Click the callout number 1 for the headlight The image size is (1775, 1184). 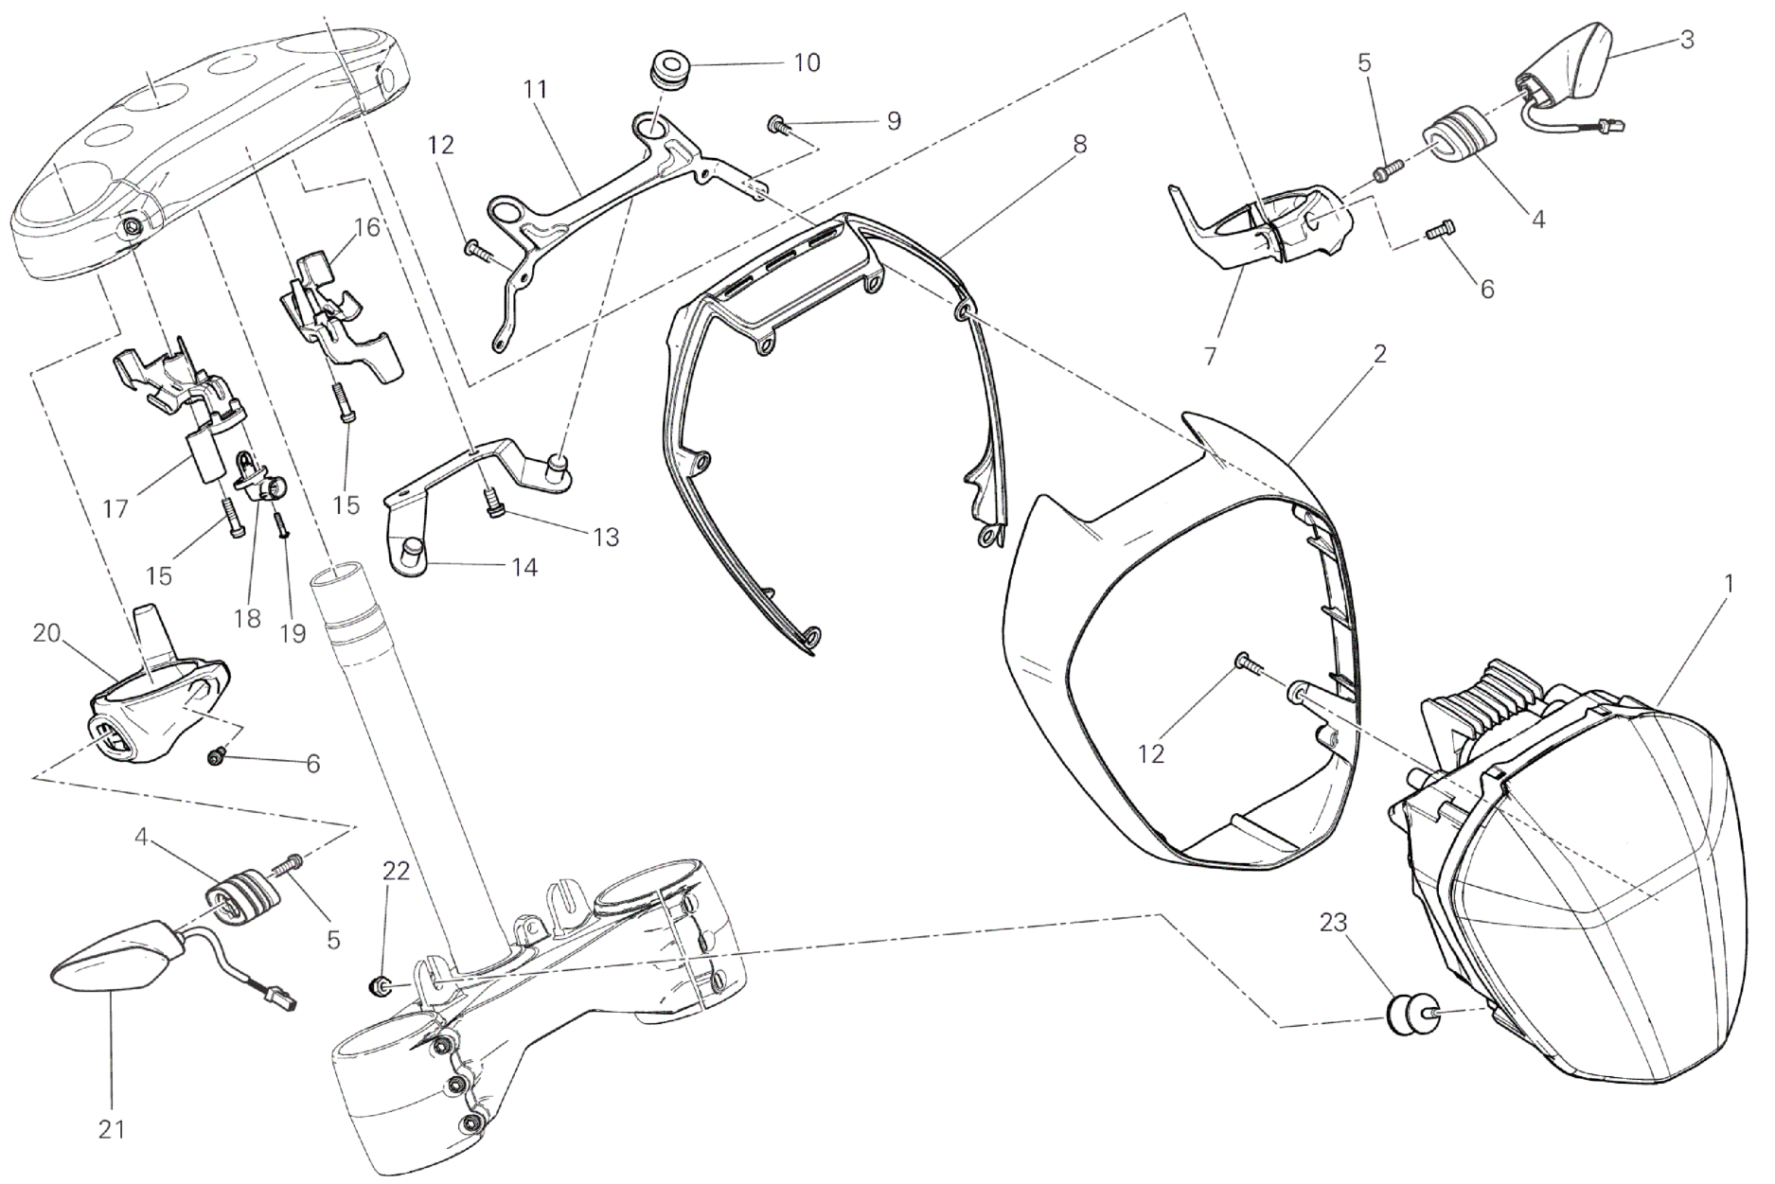pos(1729,584)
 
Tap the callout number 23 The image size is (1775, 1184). pos(1333,922)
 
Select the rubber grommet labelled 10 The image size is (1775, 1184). pos(670,72)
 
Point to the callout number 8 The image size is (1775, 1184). pos(1079,145)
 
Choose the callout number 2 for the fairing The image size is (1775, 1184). pos(1379,354)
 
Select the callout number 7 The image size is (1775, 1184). pos(1211,357)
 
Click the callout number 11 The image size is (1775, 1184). pos(535,90)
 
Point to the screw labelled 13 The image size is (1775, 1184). pos(494,507)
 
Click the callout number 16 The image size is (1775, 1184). pos(367,228)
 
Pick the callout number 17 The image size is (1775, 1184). pos(115,509)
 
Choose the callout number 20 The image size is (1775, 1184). pos(47,633)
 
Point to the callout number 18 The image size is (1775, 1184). pos(247,618)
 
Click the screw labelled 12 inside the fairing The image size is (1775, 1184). pos(1247,666)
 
